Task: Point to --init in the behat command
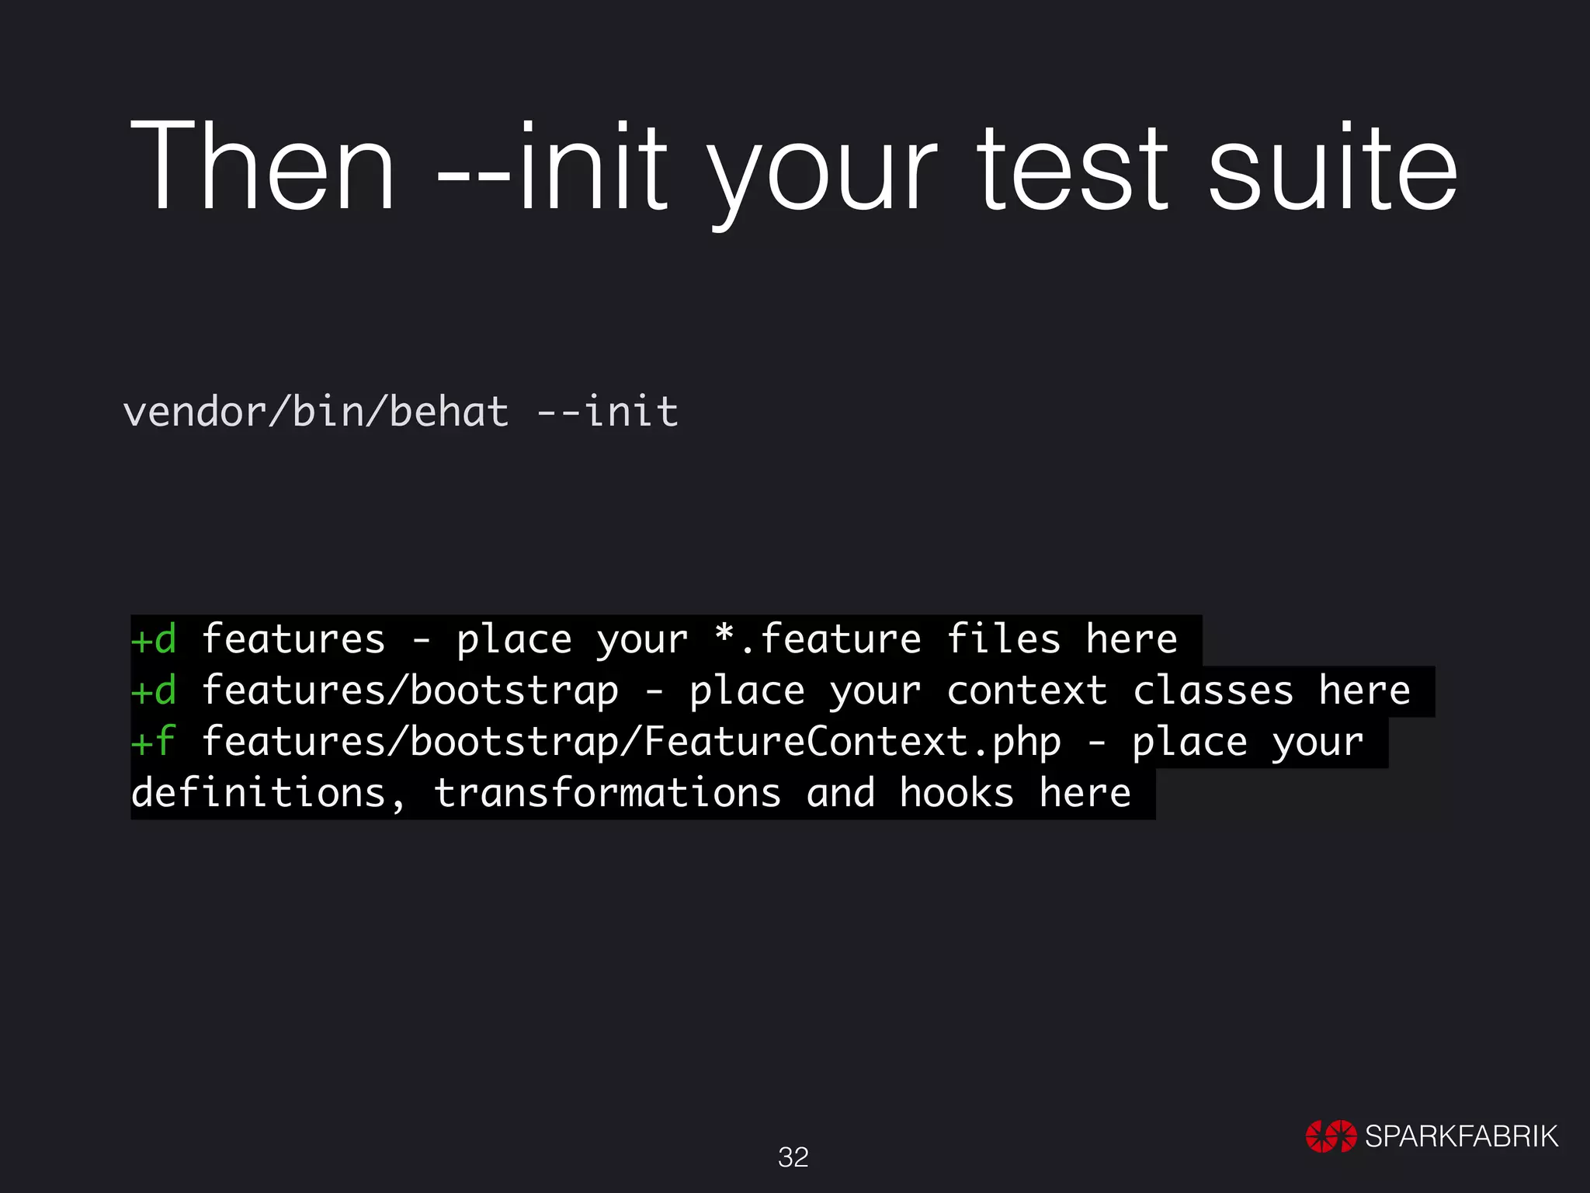(608, 411)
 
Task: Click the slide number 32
(793, 1157)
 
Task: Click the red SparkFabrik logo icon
(1331, 1136)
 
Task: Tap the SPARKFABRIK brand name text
(1461, 1136)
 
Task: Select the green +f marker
(153, 742)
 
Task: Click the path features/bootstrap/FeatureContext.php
(631, 742)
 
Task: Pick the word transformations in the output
(607, 793)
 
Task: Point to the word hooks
(956, 793)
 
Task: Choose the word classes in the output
(1213, 690)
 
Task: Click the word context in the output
(1026, 690)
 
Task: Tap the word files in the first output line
(1003, 639)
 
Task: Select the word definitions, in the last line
(268, 793)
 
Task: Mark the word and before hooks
(841, 793)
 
